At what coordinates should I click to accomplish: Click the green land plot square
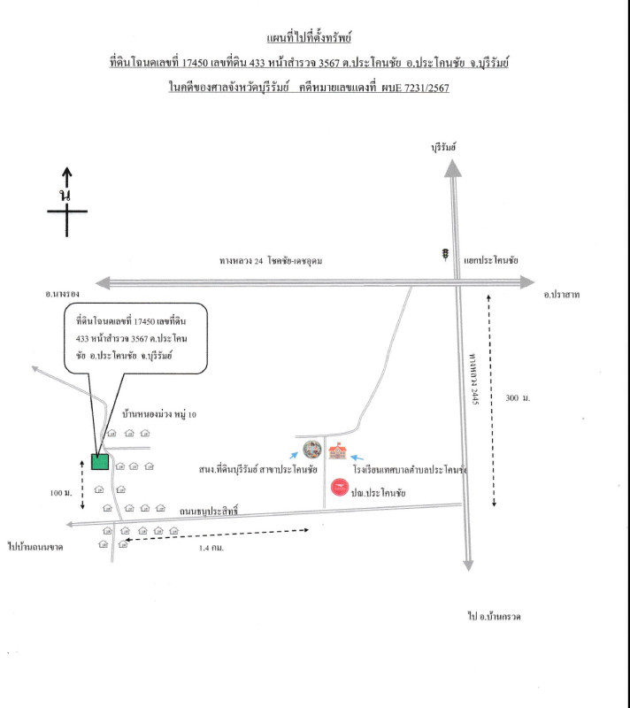click(x=100, y=460)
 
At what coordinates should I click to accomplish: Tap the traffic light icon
click(x=444, y=256)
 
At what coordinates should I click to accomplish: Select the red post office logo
click(x=340, y=486)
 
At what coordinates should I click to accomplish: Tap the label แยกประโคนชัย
click(x=491, y=261)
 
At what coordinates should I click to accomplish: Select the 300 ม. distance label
click(x=519, y=400)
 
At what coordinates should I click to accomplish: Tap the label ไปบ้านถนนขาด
click(x=38, y=548)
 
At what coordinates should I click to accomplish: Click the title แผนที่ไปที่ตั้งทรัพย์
click(x=309, y=39)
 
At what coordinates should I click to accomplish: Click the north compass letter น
click(x=65, y=196)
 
